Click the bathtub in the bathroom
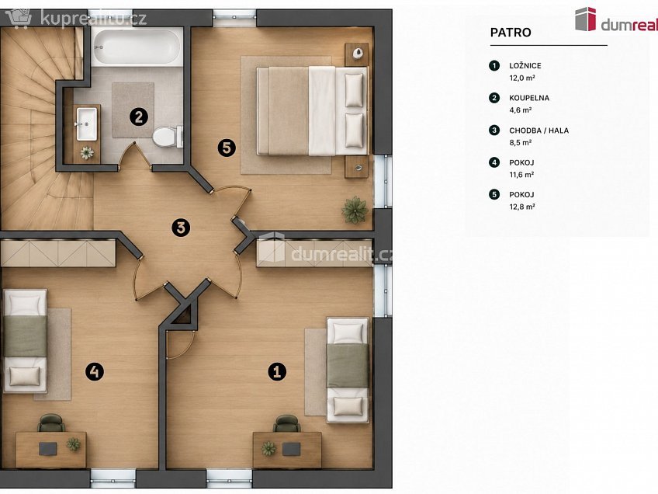coord(137,47)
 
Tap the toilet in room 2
coord(168,136)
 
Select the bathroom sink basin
coord(87,124)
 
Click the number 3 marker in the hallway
coord(181,228)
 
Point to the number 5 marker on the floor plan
coord(227,148)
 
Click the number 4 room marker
coord(95,371)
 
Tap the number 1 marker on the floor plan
coord(277,371)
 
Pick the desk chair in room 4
coord(51,423)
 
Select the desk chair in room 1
coord(286,423)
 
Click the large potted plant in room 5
coord(355,210)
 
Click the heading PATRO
coord(511,33)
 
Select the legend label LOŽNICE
coord(525,65)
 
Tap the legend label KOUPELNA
coord(529,98)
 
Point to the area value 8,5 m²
coord(521,142)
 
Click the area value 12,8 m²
coord(522,207)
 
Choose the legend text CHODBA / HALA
coord(539,130)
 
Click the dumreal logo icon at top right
coord(585,19)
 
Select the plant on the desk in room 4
coord(73,444)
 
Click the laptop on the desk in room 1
coord(291,449)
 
